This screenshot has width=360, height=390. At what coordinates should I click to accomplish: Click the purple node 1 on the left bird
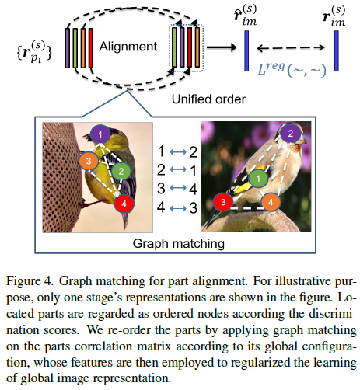click(100, 135)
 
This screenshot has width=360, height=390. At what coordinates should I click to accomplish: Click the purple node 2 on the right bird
click(288, 134)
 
